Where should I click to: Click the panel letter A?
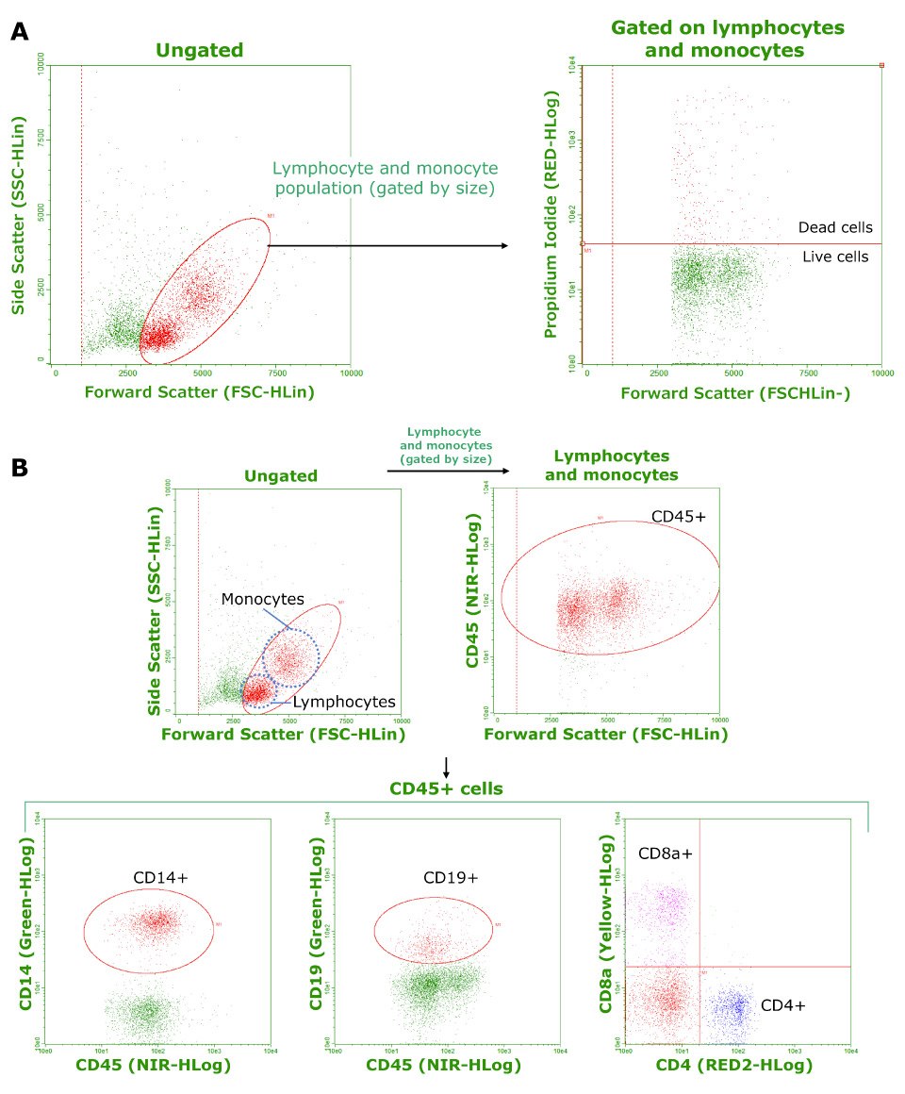coord(19,30)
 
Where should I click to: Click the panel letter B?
coord(19,466)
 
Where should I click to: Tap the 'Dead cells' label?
coord(834,227)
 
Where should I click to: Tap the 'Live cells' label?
coord(835,257)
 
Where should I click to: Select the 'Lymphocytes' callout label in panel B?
coord(343,702)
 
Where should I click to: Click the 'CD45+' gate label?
coord(679,517)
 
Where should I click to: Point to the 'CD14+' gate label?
coord(160,877)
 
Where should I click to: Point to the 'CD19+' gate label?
coord(450,877)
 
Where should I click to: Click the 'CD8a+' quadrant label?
coord(666,854)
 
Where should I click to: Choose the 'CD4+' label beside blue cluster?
coord(782,1005)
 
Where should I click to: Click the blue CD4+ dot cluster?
coord(732,1007)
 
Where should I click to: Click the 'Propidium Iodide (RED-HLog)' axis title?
coord(552,215)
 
